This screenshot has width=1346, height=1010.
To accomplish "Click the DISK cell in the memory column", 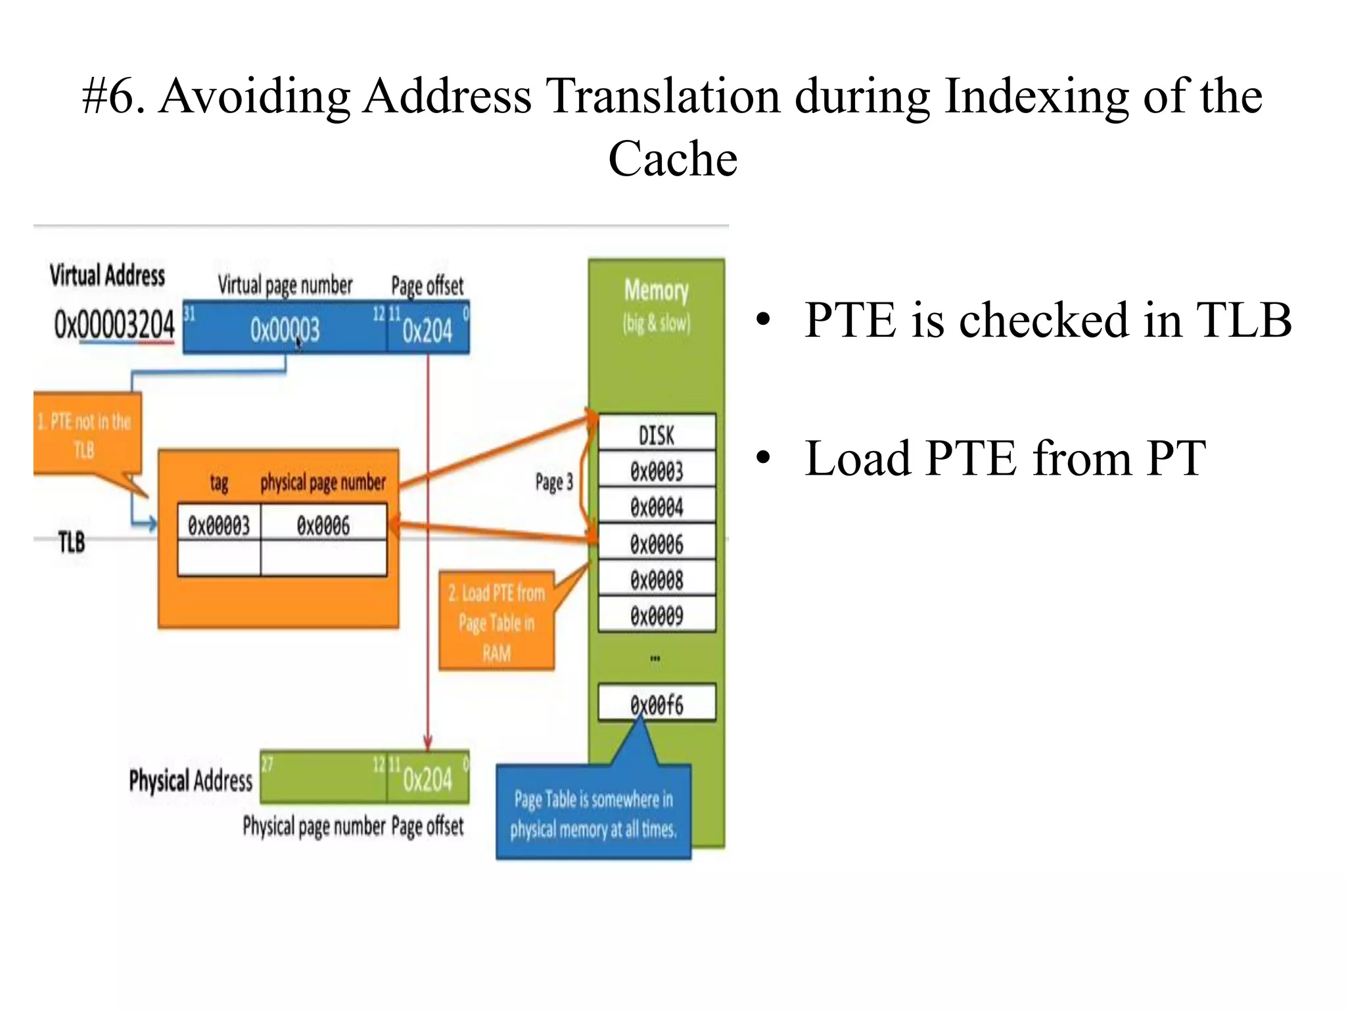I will [657, 434].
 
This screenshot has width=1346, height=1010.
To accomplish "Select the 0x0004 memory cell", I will [657, 507].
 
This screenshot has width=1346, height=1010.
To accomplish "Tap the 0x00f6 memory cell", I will [657, 704].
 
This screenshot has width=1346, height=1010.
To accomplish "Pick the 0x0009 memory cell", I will [657, 615].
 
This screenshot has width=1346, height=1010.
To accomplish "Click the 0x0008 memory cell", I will [657, 579].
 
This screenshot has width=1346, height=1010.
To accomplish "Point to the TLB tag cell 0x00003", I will [219, 525].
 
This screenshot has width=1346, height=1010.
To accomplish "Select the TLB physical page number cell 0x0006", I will [323, 525].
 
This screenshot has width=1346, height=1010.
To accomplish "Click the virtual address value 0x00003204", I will [114, 325].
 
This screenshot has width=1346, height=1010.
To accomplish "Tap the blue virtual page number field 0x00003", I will [285, 329].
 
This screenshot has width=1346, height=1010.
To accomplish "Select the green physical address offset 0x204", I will [428, 779].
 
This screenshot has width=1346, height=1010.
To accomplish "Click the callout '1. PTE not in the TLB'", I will [85, 435].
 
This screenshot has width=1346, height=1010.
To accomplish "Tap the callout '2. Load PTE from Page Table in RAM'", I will [496, 622].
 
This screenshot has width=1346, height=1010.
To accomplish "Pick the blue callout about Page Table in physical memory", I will [593, 813].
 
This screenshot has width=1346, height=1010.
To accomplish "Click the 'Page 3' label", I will [554, 482].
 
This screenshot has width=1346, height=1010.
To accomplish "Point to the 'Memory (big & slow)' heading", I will [657, 304].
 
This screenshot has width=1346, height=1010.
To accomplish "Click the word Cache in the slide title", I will [672, 159].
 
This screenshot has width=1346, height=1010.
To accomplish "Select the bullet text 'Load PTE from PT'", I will [1005, 458].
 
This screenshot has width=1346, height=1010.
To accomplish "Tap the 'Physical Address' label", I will [191, 781].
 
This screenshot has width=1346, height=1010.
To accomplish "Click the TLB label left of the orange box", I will [72, 542].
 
